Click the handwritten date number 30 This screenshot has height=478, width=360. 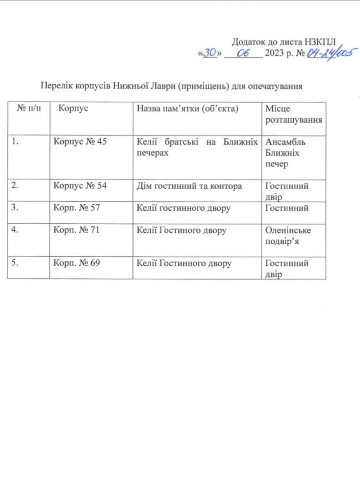(x=210, y=53)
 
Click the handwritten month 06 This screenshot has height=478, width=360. (x=244, y=53)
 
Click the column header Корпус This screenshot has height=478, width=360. (x=73, y=108)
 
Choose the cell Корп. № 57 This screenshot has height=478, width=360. (x=77, y=208)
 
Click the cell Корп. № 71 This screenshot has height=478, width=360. (x=77, y=230)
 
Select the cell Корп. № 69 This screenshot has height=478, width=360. (x=77, y=263)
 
